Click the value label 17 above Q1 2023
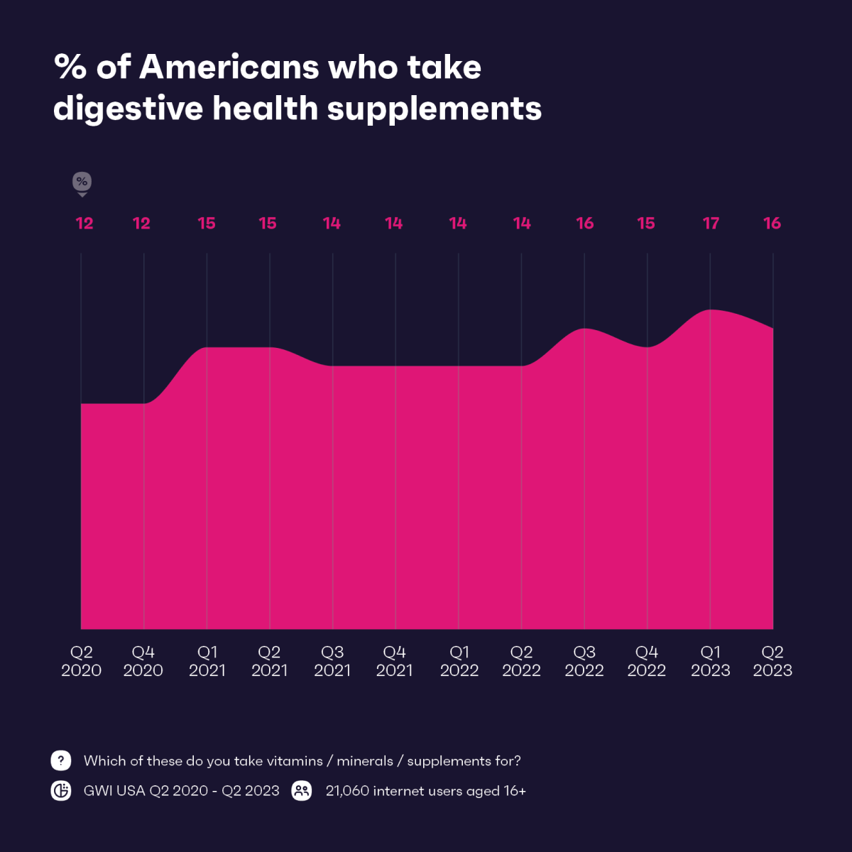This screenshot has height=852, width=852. [711, 224]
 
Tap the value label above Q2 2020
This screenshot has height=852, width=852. [84, 224]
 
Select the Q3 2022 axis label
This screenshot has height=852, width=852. [584, 661]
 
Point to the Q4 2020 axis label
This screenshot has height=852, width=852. [143, 661]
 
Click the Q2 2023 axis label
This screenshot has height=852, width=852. [772, 661]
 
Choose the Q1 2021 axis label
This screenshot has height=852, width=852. [207, 661]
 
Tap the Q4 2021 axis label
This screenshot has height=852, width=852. [395, 661]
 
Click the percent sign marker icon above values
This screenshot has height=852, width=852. [82, 182]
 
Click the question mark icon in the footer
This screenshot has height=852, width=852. [61, 760]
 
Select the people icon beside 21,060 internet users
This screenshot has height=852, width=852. [302, 791]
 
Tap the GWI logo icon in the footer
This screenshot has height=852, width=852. [61, 791]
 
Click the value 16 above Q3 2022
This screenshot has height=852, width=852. [584, 224]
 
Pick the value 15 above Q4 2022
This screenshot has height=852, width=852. [646, 224]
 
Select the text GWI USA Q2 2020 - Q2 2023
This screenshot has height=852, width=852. [181, 791]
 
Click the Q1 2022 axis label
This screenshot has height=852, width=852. [459, 661]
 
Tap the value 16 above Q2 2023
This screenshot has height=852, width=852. [772, 224]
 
